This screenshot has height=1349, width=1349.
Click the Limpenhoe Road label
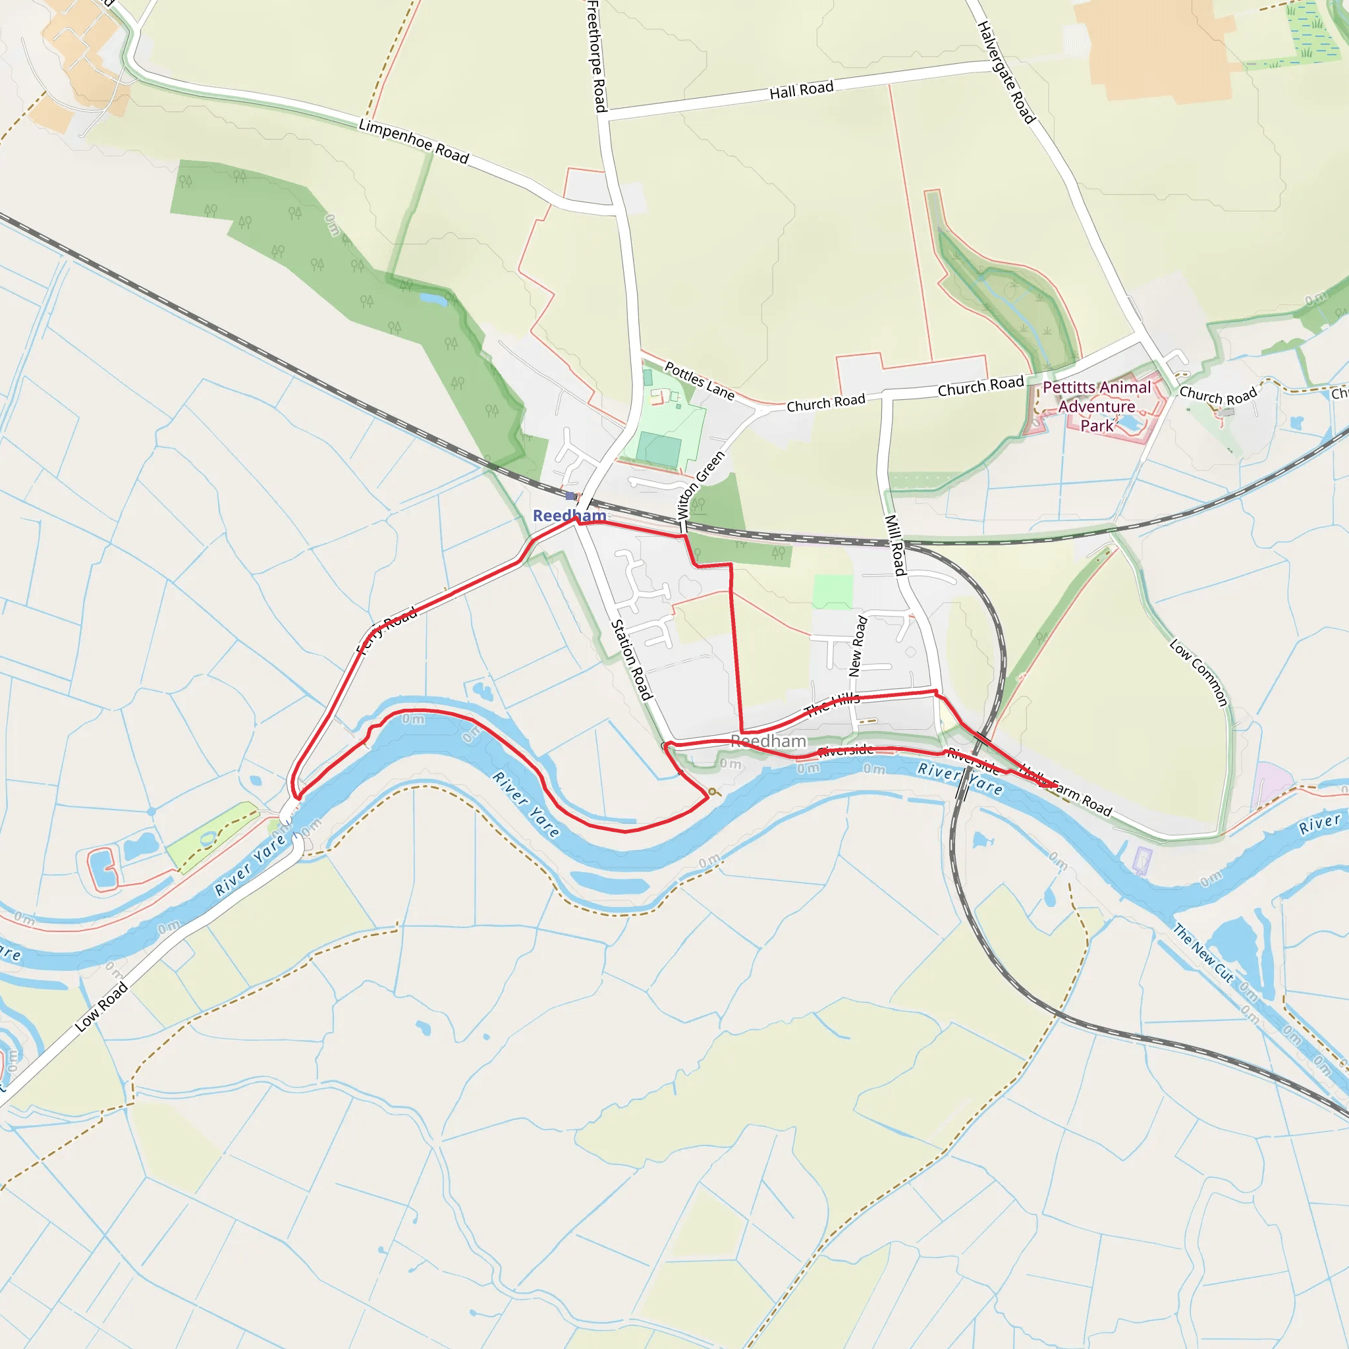coord(414,140)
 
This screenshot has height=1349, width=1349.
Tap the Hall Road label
coord(801,90)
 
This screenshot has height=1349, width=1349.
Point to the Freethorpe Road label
coord(595,56)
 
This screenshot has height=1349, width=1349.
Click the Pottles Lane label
coord(699,381)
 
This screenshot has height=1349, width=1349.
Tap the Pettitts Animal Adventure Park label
coord(1096,406)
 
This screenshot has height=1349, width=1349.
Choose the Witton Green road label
coord(701,485)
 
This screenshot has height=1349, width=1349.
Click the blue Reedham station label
coord(569,516)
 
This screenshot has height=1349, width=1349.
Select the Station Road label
coord(631,660)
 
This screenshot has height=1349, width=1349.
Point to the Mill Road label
coord(895,545)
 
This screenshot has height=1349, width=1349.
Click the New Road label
coord(858,646)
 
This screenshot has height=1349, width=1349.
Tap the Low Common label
coord(1198,673)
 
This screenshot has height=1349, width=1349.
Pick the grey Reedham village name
coord(769,741)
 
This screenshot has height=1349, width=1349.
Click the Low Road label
coord(102,1006)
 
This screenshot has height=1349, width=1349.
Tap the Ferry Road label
coord(387,629)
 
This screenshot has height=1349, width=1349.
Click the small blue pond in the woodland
coord(433,300)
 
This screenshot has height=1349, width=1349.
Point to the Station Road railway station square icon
coord(570,496)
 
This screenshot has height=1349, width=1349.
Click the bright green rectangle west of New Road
coord(833,591)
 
